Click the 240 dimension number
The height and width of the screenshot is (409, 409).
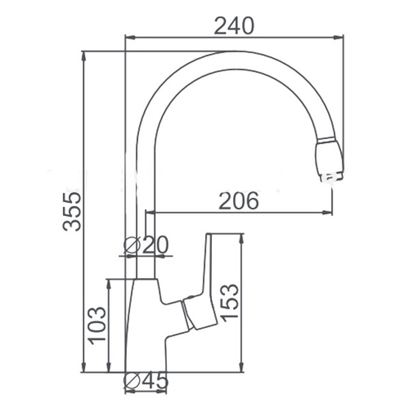(234, 26)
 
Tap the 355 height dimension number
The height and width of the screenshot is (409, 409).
(72, 211)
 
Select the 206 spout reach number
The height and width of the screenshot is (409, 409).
(239, 201)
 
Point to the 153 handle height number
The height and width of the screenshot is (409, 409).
(229, 301)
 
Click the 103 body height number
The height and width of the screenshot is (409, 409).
(97, 326)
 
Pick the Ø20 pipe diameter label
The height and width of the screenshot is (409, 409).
(146, 245)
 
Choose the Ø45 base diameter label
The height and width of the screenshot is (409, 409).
(146, 380)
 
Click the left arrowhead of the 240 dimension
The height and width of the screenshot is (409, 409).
(131, 37)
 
